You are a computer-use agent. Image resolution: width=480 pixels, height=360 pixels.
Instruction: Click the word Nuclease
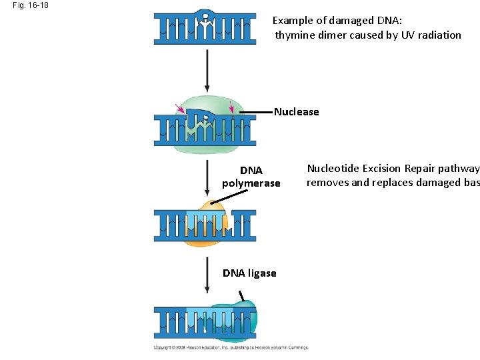(x=297, y=112)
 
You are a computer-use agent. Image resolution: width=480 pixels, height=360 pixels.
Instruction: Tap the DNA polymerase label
(x=251, y=177)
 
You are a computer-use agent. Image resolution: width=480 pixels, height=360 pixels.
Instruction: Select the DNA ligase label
(x=249, y=273)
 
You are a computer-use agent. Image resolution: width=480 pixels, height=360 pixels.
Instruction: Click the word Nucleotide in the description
(x=334, y=169)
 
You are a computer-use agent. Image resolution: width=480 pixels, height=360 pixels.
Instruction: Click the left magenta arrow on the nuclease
(x=179, y=108)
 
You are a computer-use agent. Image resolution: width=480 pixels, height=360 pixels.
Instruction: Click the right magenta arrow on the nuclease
(x=231, y=107)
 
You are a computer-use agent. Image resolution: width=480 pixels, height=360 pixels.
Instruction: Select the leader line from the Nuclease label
(x=255, y=112)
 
